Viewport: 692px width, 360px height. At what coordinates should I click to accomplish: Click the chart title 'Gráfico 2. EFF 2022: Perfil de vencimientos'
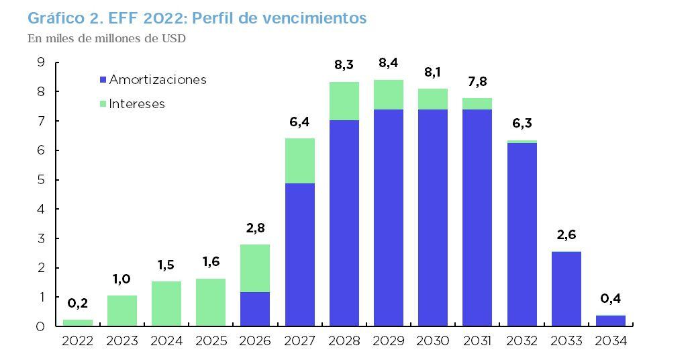197,18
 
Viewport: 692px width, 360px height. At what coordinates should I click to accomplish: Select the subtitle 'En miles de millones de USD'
107,38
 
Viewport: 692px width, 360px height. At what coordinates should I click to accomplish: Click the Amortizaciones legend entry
152,80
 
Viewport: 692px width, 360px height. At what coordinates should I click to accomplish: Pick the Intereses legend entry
132,104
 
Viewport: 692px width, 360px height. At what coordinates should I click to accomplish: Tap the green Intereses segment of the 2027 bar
300,161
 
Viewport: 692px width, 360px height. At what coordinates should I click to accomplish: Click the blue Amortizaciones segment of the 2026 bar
255,309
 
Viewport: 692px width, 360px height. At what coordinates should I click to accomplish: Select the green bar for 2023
122,310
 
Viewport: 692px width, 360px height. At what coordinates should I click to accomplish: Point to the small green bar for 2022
78,322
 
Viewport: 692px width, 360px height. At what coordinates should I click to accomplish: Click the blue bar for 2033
566,289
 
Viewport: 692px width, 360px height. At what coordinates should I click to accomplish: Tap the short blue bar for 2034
611,320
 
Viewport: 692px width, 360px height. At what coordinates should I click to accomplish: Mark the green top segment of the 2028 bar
344,101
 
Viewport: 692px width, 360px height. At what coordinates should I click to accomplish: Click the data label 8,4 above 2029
389,63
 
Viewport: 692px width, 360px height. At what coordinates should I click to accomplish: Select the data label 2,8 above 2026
255,228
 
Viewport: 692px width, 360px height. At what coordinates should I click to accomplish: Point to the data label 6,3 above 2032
522,124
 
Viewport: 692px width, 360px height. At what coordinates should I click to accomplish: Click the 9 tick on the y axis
41,62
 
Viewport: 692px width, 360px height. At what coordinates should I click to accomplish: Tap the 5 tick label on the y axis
41,180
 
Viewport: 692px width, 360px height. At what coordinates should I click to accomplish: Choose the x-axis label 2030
433,341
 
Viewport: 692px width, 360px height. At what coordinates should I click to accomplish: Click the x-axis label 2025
211,341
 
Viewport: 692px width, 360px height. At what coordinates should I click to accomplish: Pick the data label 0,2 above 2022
78,303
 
